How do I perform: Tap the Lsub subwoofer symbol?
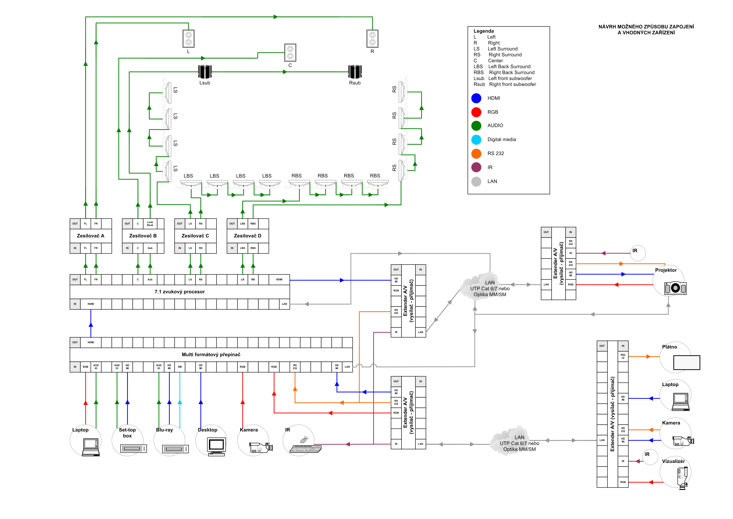(x=205, y=72)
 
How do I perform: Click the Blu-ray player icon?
(x=175, y=449)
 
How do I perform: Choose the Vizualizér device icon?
(x=682, y=478)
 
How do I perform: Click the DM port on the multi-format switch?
(x=180, y=367)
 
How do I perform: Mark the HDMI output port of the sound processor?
(x=279, y=280)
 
